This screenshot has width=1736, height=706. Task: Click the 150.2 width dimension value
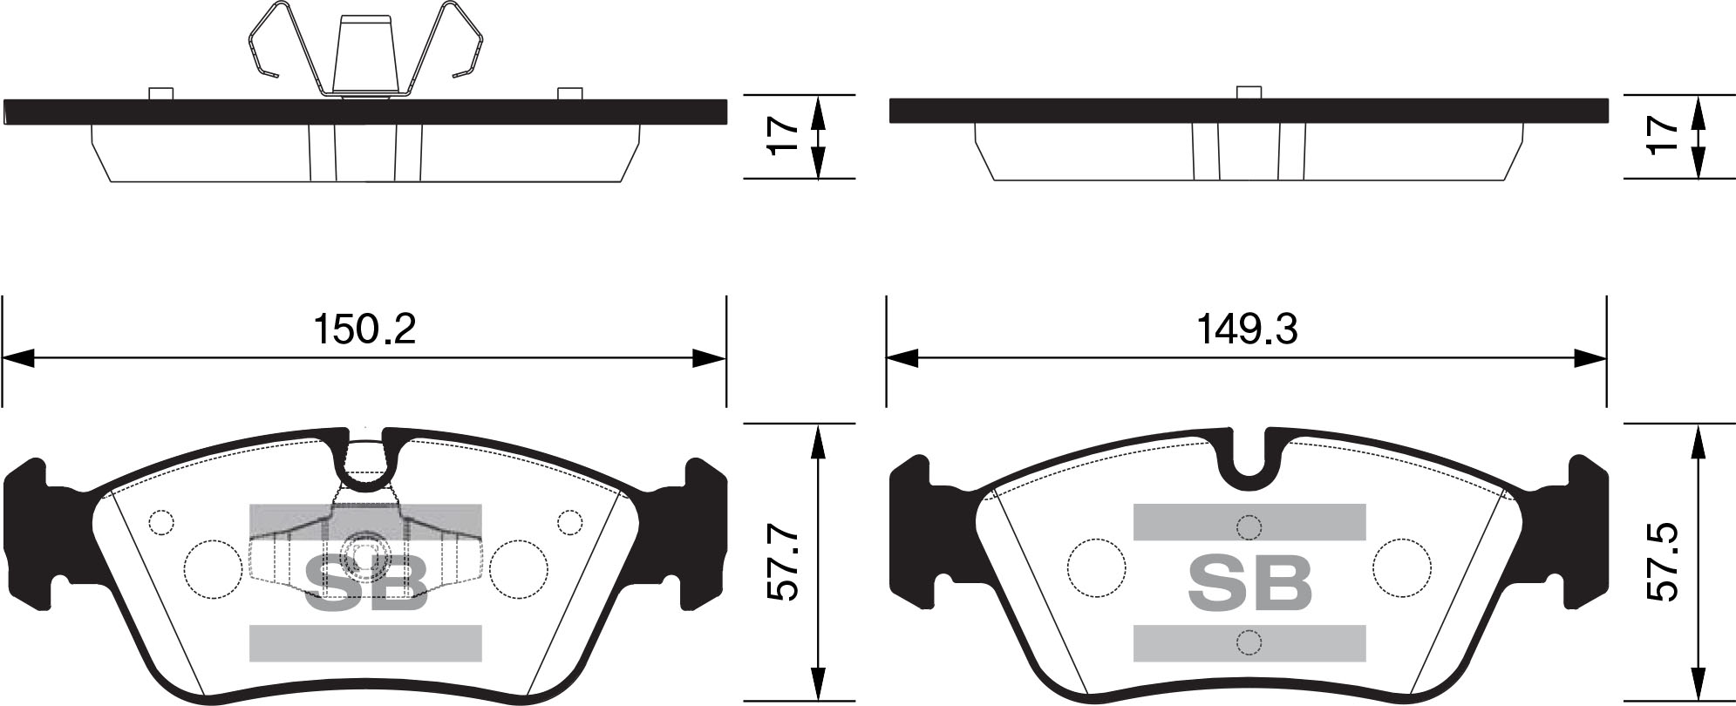tap(364, 329)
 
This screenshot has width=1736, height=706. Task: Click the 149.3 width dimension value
tap(1247, 329)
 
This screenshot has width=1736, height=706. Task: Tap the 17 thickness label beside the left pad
tap(784, 136)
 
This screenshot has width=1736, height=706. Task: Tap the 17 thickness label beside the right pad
tap(1665, 136)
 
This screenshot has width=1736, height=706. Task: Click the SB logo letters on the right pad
tap(1249, 582)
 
